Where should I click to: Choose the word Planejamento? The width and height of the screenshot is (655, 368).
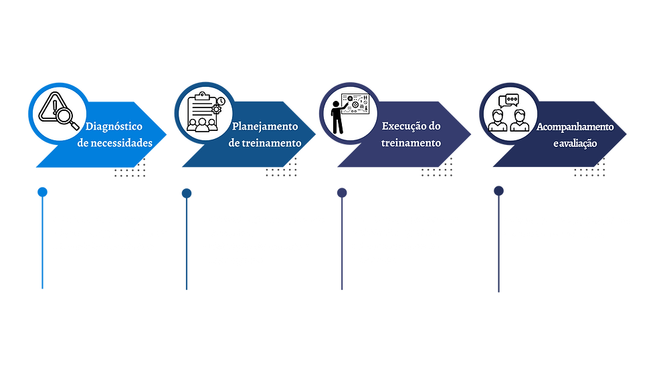click(x=265, y=126)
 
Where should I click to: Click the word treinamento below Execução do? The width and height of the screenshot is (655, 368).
click(x=411, y=143)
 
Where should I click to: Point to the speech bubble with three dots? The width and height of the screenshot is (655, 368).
click(x=512, y=100)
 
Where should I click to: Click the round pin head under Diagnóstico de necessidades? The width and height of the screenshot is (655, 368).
click(x=42, y=192)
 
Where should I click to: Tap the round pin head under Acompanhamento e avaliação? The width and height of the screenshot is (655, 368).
click(x=498, y=191)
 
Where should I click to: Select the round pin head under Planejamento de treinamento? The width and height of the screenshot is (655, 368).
click(x=187, y=193)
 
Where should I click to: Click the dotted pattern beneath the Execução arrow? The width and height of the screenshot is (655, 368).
click(x=437, y=168)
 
